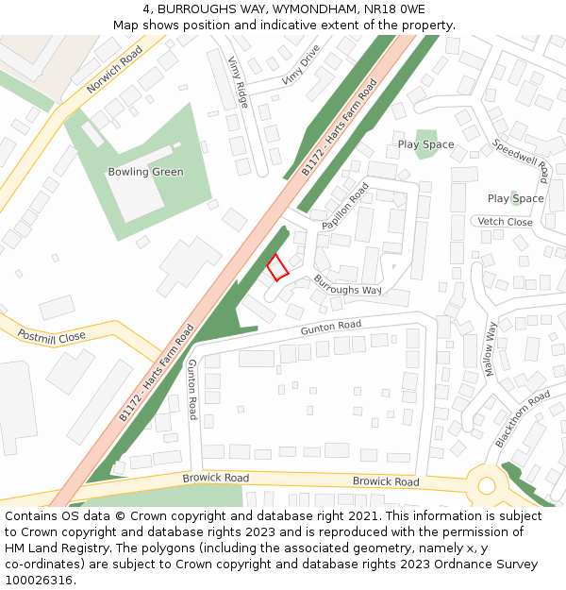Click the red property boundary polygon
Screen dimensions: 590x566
coord(276,267)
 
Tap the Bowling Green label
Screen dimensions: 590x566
coord(145,172)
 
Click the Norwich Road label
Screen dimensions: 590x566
coord(113,72)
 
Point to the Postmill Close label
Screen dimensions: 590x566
coord(52,336)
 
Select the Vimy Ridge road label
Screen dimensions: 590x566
coord(238,81)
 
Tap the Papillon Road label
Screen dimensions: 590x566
coord(345,206)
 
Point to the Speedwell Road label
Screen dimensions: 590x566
coord(521,161)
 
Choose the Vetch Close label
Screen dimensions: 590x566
coord(505,222)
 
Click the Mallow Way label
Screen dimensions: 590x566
coord(490,349)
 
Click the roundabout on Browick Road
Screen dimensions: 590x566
coord(487,486)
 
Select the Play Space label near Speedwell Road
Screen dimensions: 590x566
coord(425,144)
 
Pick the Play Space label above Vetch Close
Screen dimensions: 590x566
coord(515,198)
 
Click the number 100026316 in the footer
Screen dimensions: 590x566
coord(40,580)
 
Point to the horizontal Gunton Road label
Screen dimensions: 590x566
coord(330,326)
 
